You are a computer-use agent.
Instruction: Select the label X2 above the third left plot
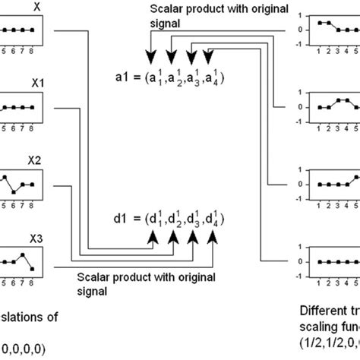tap(36, 161)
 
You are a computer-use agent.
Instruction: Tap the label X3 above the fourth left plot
tap(36, 238)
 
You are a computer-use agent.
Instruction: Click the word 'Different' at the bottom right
tap(324, 311)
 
